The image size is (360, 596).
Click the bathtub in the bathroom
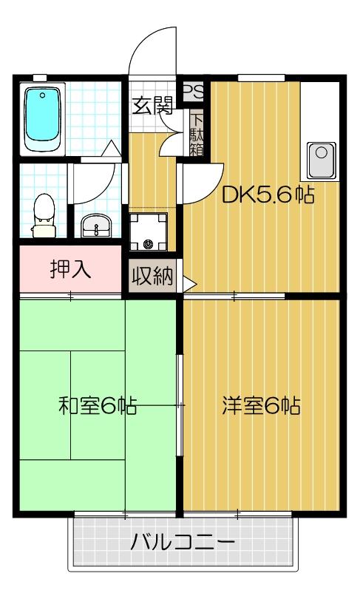click(x=44, y=118)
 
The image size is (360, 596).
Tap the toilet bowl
click(x=45, y=211)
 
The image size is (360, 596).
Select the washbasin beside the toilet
click(x=94, y=225)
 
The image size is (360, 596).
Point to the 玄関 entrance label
click(x=153, y=106)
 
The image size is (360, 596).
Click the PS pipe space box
click(x=193, y=92)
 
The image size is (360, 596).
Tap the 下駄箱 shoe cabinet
click(x=197, y=134)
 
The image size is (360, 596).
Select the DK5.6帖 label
click(x=268, y=195)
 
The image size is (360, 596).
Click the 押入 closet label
click(x=70, y=269)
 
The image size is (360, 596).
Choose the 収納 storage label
click(x=152, y=277)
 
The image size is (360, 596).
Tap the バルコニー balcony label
click(x=183, y=543)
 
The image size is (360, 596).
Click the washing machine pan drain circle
click(x=149, y=243)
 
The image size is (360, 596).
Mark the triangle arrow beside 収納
click(x=189, y=282)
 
